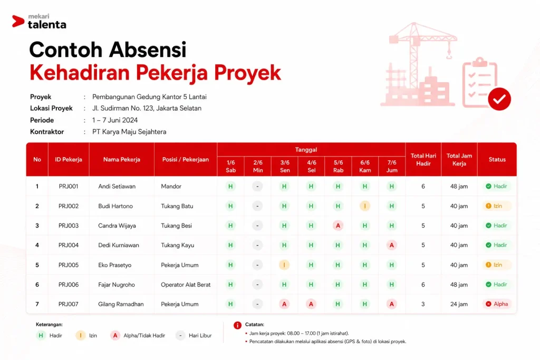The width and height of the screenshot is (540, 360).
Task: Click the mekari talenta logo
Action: pyautogui.click(x=39, y=21)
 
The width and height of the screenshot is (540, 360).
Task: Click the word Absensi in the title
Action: pyautogui.click(x=148, y=50)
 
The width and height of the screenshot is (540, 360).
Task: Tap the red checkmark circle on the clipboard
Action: pyautogui.click(x=499, y=99)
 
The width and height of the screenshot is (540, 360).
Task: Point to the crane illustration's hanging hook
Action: pyautogui.click(x=449, y=54)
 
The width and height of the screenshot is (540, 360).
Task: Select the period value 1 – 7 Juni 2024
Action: pyautogui.click(x=114, y=120)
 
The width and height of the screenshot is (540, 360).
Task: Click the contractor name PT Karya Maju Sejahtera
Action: pyautogui.click(x=129, y=132)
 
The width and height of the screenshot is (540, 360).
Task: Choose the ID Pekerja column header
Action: pyautogui.click(x=69, y=159)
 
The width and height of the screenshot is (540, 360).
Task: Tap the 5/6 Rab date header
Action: pyautogui.click(x=338, y=166)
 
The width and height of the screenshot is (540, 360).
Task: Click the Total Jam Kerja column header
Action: pyautogui.click(x=459, y=160)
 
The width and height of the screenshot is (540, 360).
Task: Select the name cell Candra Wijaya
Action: pyautogui.click(x=117, y=226)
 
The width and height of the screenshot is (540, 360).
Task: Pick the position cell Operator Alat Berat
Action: pyautogui.click(x=186, y=285)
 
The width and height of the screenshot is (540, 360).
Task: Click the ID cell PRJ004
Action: pyautogui.click(x=69, y=246)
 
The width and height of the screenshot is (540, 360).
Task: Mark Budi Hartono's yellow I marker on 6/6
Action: pyautogui.click(x=365, y=206)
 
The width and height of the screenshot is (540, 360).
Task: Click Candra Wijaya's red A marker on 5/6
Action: pyautogui.click(x=338, y=226)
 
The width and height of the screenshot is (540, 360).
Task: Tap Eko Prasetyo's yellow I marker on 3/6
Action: pyautogui.click(x=284, y=265)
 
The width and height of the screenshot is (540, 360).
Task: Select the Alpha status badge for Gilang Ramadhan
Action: pyautogui.click(x=497, y=304)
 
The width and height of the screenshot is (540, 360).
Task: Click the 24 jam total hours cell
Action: pyautogui.click(x=459, y=304)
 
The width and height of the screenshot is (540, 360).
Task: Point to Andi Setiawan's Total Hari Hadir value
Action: pyautogui.click(x=423, y=187)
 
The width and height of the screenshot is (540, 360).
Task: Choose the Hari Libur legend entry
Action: pyautogui.click(x=194, y=336)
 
